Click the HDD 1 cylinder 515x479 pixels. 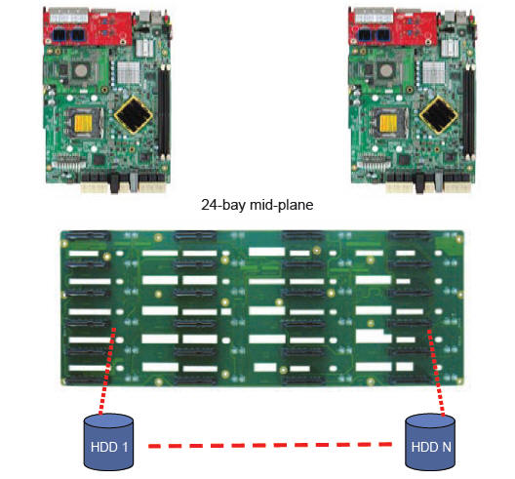pyautogui.click(x=108, y=442)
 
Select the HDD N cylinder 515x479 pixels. pyautogui.click(x=430, y=442)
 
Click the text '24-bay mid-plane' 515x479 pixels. pyautogui.click(x=257, y=205)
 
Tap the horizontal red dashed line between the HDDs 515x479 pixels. pyautogui.click(x=270, y=445)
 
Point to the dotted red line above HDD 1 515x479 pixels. pyautogui.click(x=107, y=371)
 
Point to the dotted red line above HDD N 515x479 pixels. pyautogui.click(x=436, y=373)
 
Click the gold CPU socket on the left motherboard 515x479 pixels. pyautogui.click(x=84, y=123)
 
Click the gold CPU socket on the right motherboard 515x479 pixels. pyautogui.click(x=388, y=123)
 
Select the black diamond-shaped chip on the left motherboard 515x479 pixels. pyautogui.click(x=134, y=115)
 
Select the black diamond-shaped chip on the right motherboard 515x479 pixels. pyautogui.click(x=439, y=115)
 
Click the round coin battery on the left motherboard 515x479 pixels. pyautogui.click(x=79, y=70)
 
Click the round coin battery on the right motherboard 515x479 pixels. pyautogui.click(x=384, y=70)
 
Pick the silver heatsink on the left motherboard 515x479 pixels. pyautogui.click(x=129, y=72)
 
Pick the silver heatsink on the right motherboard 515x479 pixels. pyautogui.click(x=433, y=72)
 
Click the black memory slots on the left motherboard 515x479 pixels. pyautogui.click(x=164, y=111)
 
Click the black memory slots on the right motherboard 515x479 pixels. pyautogui.click(x=469, y=111)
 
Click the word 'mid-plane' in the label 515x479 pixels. pyautogui.click(x=282, y=205)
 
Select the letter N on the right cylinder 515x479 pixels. pyautogui.click(x=447, y=447)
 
